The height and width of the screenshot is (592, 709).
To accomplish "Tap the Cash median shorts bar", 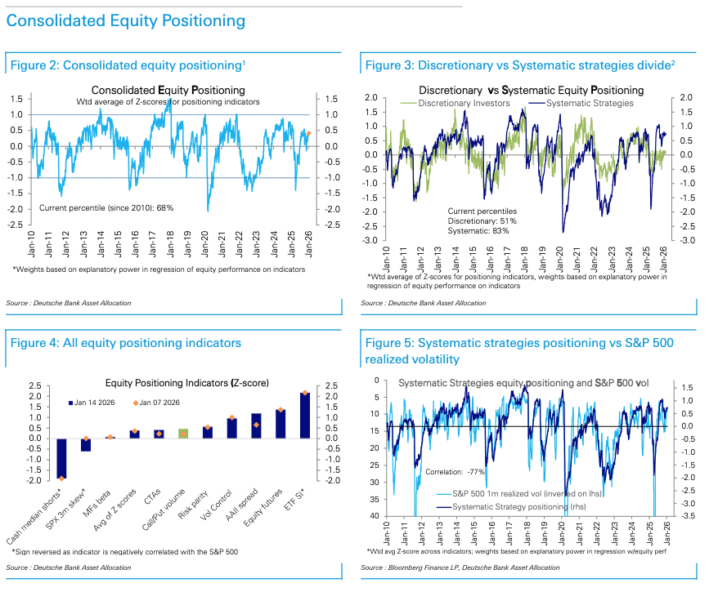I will (61, 457).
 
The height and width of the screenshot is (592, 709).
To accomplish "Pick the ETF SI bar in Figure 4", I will (305, 416).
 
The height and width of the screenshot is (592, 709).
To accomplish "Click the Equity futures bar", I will (280, 424).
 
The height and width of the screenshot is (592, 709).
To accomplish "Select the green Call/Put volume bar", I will (183, 434).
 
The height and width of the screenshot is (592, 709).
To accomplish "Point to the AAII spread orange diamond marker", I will (256, 425).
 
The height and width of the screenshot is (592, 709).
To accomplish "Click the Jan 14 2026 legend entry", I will (96, 402).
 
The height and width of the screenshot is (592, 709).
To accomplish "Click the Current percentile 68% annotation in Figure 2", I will (106, 208).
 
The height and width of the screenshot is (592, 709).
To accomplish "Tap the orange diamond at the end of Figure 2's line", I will (308, 132).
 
